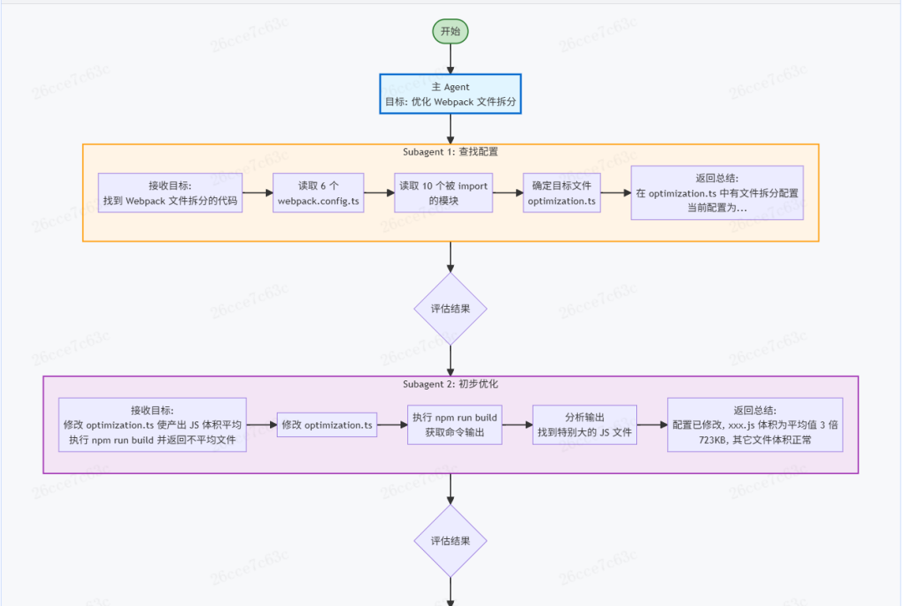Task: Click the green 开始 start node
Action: pyautogui.click(x=451, y=32)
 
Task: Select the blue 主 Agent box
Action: pyautogui.click(x=451, y=94)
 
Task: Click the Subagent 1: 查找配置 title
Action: pyautogui.click(x=451, y=152)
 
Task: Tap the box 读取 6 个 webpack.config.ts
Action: pyautogui.click(x=319, y=193)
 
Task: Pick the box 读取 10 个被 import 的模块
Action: pyautogui.click(x=443, y=193)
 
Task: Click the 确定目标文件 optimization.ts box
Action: pyautogui.click(x=561, y=193)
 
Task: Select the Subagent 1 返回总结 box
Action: pyautogui.click(x=717, y=193)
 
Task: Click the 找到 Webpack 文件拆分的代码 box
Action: pyautogui.click(x=170, y=193)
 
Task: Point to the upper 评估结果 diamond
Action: pyautogui.click(x=451, y=308)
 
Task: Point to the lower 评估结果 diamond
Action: pyautogui.click(x=451, y=541)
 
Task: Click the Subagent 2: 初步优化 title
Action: pyautogui.click(x=451, y=384)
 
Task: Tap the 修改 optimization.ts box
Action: pyautogui.click(x=328, y=425)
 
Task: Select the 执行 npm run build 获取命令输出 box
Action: pyautogui.click(x=454, y=425)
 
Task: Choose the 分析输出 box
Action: pyautogui.click(x=585, y=425)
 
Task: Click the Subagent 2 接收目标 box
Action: pyautogui.click(x=153, y=425)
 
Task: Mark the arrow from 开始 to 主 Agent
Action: pyautogui.click(x=451, y=59)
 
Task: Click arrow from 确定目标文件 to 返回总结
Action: pyautogui.click(x=615, y=193)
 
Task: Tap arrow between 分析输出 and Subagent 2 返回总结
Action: pyautogui.click(x=652, y=425)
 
